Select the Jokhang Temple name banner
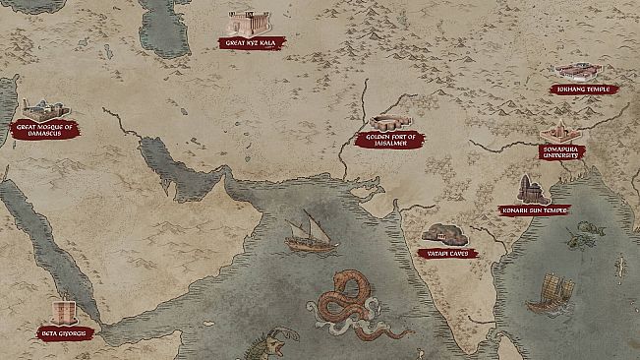pos(584,90)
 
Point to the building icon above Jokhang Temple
pos(578,72)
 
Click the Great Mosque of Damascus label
pos(45,128)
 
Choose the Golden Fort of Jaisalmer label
pos(392,140)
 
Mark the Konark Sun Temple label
pos(534,210)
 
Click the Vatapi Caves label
pos(447,253)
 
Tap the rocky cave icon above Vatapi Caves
pos(445,234)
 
